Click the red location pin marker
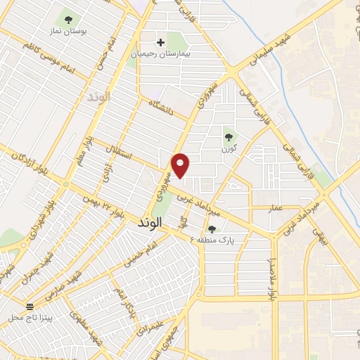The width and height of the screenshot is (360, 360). pyautogui.click(x=181, y=165)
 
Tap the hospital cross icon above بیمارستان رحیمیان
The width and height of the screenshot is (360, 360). pyautogui.click(x=161, y=43)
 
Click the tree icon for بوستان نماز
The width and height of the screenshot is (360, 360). pyautogui.click(x=68, y=20)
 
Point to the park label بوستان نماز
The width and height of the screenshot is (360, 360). pyautogui.click(x=68, y=32)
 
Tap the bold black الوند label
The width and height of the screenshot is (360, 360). pyautogui.click(x=146, y=222)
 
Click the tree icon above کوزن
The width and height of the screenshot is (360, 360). pyautogui.click(x=227, y=137)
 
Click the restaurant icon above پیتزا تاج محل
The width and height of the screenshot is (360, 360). pyautogui.click(x=30, y=307)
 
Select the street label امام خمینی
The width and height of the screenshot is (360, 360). pyautogui.click(x=138, y=256)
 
